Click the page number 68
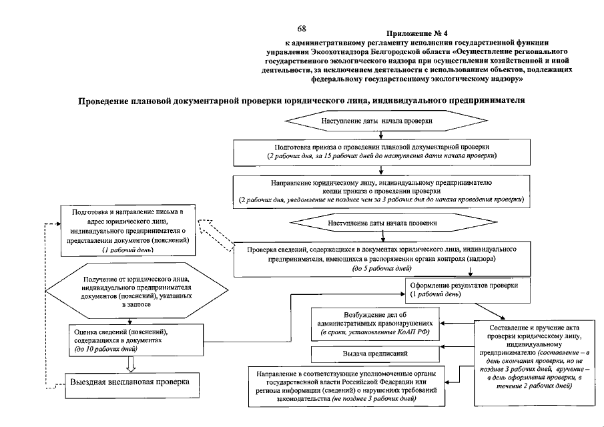click(302, 29)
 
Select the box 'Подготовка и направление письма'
click(130, 231)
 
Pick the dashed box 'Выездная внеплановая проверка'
click(130, 382)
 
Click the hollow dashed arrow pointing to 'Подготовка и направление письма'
click(217, 236)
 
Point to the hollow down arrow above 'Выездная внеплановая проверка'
click(131, 363)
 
